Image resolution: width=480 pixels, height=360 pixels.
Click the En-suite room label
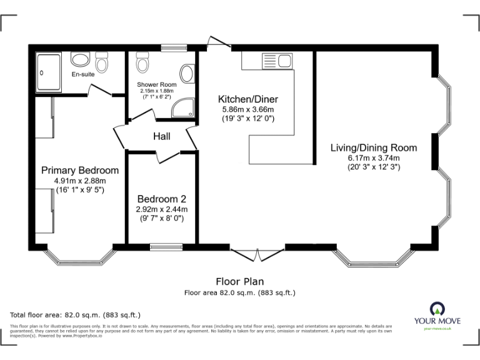click(83, 75)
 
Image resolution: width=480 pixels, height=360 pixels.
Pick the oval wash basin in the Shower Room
click(187, 72)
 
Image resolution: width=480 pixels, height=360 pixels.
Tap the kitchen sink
click(284, 61)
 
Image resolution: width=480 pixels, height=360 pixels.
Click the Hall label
click(162, 136)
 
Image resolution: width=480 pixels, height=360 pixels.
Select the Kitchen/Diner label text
click(247, 99)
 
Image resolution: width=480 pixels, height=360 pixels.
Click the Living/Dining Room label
click(374, 148)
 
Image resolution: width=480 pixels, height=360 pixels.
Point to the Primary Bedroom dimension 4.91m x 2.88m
click(79, 181)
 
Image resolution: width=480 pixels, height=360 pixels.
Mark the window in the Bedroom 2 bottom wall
click(166, 247)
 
